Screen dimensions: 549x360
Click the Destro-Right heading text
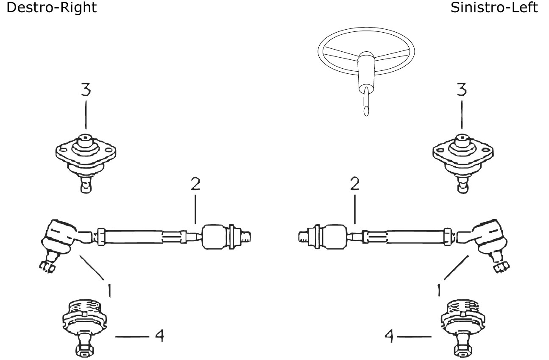pos(51,8)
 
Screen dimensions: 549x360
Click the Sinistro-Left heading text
pos(494,8)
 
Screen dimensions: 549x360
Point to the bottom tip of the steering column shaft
pos(366,115)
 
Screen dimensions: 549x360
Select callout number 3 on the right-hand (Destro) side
pos(86,89)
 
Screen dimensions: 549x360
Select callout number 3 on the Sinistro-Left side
pos(462,89)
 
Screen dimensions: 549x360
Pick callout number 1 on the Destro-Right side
pos(109,290)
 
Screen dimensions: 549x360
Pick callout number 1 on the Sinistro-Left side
pos(439,290)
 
